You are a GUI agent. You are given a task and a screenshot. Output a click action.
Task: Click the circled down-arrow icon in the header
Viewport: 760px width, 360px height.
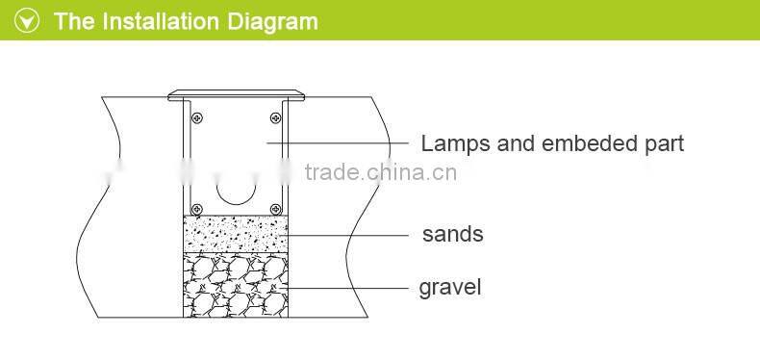29,21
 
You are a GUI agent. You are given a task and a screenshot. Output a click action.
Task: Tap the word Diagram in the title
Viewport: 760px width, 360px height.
271,21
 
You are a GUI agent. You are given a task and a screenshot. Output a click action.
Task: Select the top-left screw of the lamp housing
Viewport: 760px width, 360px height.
196,118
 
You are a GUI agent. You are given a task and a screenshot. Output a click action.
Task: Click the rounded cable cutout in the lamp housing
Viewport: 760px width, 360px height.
237,190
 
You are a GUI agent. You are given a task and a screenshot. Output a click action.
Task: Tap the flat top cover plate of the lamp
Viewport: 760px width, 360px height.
237,94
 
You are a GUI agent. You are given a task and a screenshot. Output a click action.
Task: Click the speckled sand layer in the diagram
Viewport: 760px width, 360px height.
237,234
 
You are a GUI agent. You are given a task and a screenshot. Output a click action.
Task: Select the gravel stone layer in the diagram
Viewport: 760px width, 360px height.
237,285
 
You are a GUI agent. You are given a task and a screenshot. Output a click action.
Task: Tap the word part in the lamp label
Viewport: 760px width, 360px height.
664,144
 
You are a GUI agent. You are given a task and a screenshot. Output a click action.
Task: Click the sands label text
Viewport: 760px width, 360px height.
452,234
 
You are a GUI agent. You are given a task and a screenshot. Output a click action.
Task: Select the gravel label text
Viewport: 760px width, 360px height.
449,287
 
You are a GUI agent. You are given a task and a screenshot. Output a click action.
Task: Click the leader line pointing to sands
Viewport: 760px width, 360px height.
346,234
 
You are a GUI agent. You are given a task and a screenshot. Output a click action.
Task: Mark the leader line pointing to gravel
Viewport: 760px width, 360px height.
346,287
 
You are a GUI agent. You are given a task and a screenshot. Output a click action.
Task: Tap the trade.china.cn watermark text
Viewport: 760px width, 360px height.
380,173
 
